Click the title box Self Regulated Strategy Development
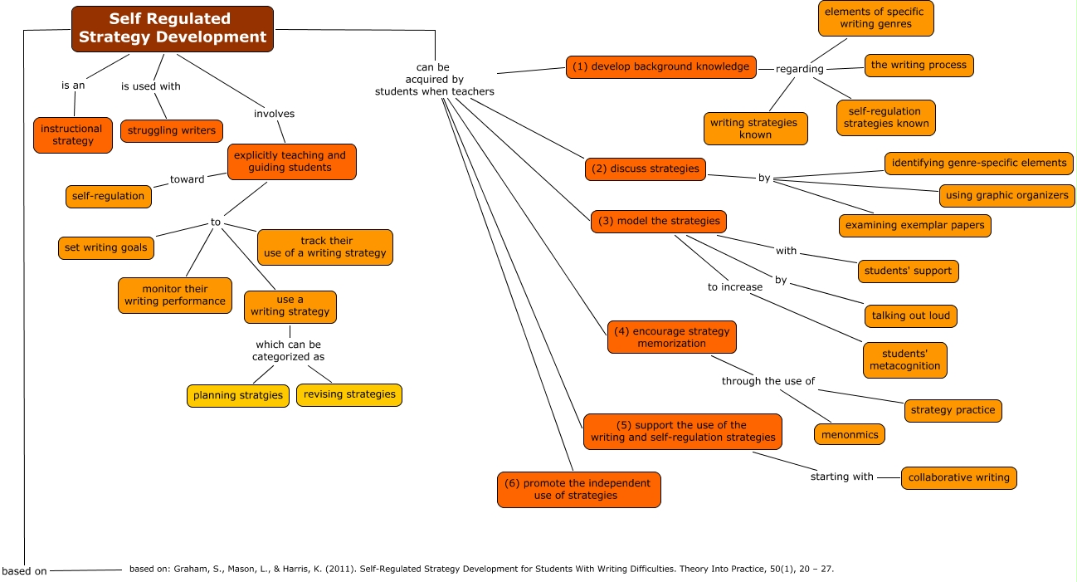pyautogui.click(x=173, y=28)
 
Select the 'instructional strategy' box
pyautogui.click(x=72, y=135)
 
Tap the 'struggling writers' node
pyautogui.click(x=172, y=131)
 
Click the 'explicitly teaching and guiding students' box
pyautogui.click(x=291, y=162)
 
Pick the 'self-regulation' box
pyautogui.click(x=108, y=197)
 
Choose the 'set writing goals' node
pyautogui.click(x=105, y=247)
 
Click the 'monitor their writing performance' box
pyautogui.click(x=175, y=296)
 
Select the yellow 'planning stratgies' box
pyautogui.click(x=238, y=395)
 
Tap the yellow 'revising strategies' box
pyautogui.click(x=349, y=394)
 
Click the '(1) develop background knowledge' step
pyautogui.click(x=660, y=67)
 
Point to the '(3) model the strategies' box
pyautogui.click(x=659, y=222)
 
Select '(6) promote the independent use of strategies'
pyautogui.click(x=578, y=489)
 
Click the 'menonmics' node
pyautogui.click(x=849, y=434)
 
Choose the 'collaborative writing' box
pyautogui.click(x=958, y=478)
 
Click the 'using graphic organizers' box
pyautogui.click(x=1007, y=196)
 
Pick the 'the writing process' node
pyautogui.click(x=919, y=66)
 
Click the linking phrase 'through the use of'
pyautogui.click(x=768, y=381)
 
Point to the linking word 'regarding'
pyautogui.click(x=799, y=69)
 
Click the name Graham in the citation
pyautogui.click(x=184, y=570)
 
